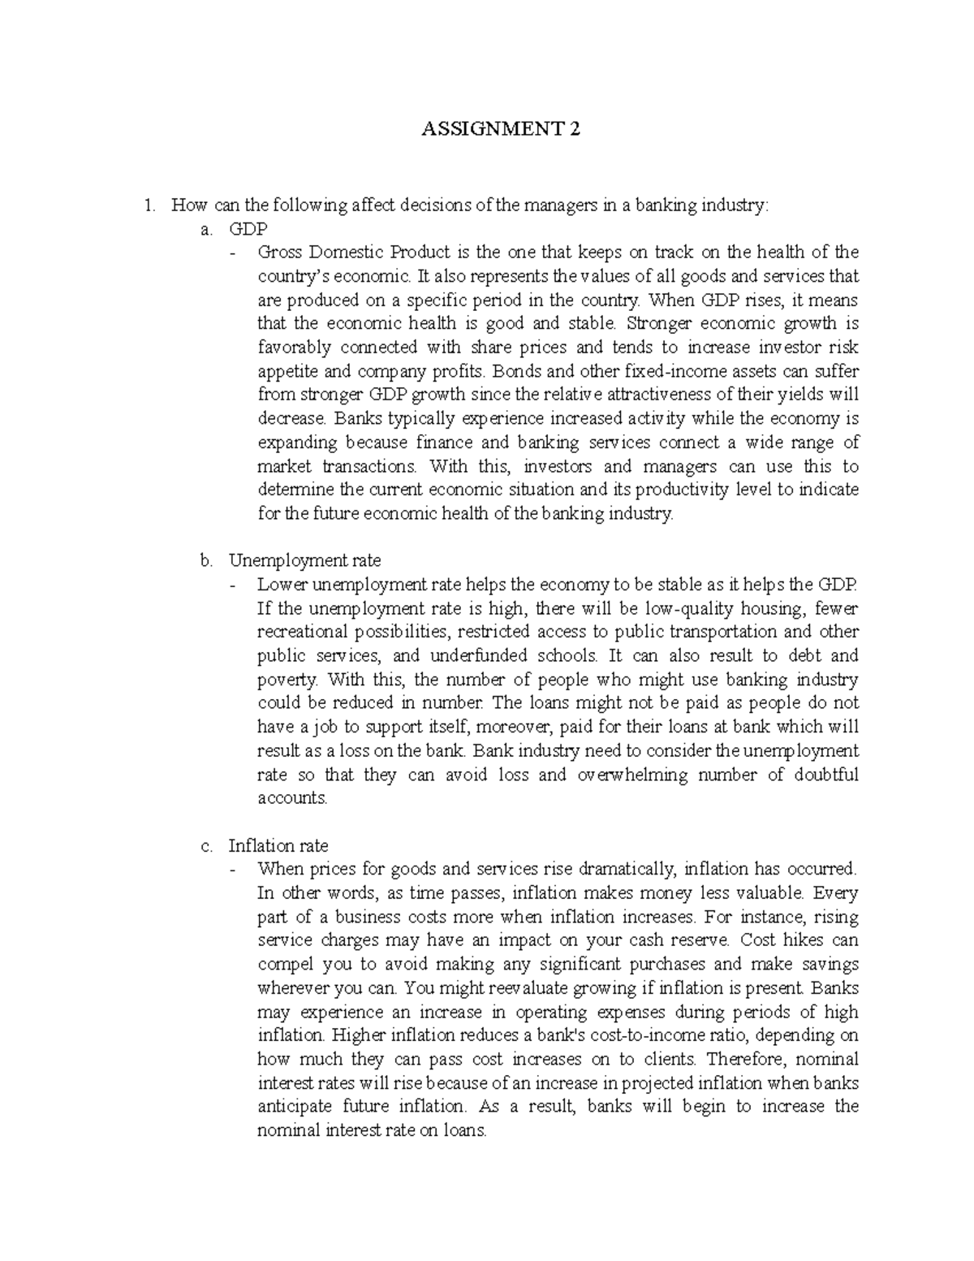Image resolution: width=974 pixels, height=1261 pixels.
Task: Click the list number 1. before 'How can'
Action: click(148, 205)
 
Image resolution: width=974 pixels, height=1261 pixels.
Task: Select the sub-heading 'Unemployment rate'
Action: click(304, 560)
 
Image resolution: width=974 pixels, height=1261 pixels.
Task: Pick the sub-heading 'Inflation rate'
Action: click(278, 846)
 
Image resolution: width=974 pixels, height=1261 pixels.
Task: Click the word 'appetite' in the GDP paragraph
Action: click(284, 372)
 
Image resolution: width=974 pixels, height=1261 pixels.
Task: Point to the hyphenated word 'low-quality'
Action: click(685, 608)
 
